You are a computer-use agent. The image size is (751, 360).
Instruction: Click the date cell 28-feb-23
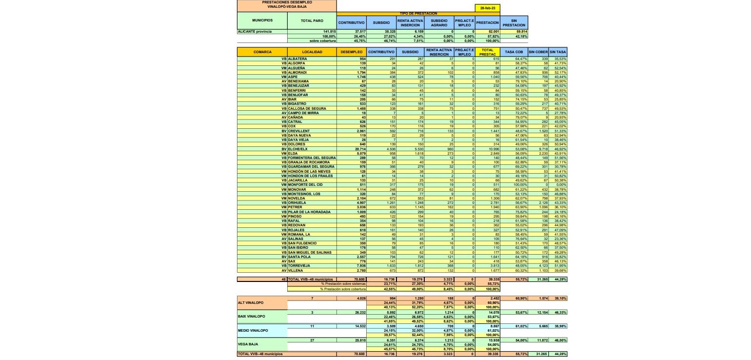pyautogui.click(x=487, y=8)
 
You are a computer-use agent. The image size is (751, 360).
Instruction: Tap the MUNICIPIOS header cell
pyautogui.click(x=262, y=20)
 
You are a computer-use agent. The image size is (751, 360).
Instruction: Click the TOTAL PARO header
pyautogui.click(x=312, y=21)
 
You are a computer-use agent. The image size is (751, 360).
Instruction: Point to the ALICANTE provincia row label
pyautogui.click(x=255, y=32)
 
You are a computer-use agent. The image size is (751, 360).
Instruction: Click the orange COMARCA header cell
pyautogui.click(x=262, y=52)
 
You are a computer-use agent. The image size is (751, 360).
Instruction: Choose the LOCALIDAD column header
pyautogui.click(x=312, y=52)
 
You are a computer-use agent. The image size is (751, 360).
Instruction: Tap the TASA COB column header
pyautogui.click(x=514, y=52)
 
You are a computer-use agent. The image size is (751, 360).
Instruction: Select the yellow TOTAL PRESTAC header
pyautogui.click(x=487, y=52)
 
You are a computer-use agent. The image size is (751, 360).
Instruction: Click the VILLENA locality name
pyautogui.click(x=297, y=270)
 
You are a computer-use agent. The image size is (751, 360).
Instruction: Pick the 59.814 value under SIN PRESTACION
pyautogui.click(x=520, y=32)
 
